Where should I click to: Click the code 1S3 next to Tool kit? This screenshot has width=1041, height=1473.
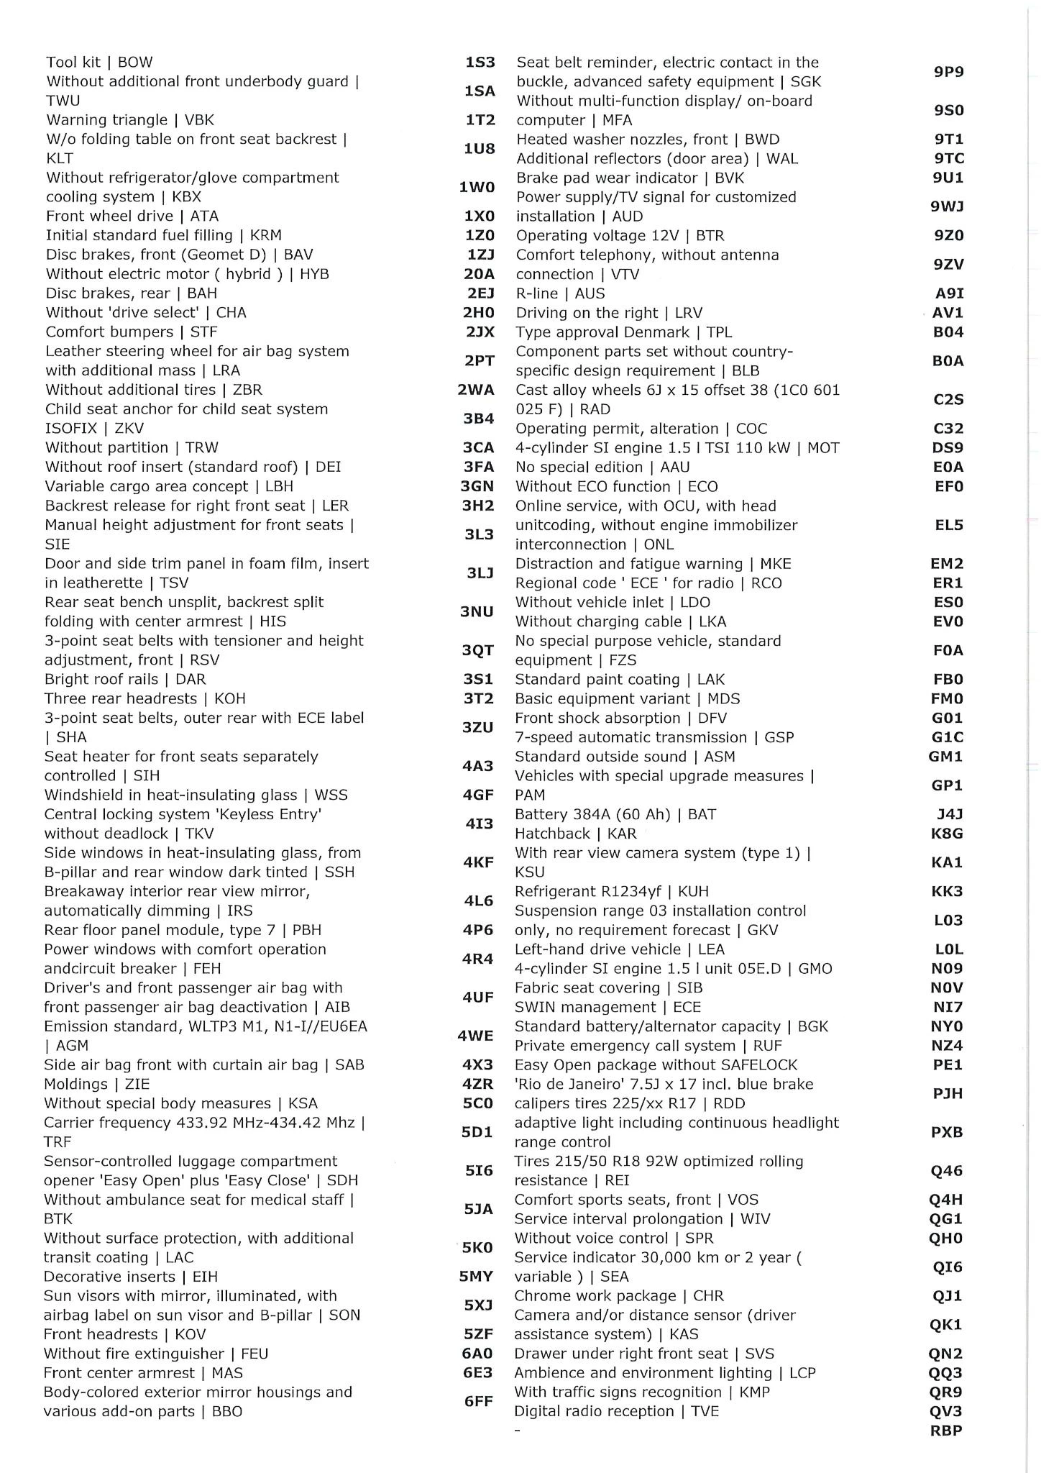(480, 63)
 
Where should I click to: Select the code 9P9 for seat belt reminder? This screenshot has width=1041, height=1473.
(948, 72)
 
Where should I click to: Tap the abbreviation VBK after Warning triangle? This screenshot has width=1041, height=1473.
(199, 120)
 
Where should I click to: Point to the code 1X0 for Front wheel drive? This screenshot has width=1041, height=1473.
(480, 216)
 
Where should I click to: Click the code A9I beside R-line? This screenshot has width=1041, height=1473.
(949, 293)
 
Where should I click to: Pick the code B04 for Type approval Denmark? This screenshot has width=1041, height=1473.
(948, 332)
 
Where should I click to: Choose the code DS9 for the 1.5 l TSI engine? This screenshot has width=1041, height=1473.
(948, 447)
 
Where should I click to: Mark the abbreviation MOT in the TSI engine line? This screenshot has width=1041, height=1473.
(823, 448)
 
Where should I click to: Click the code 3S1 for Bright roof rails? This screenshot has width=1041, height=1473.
(478, 679)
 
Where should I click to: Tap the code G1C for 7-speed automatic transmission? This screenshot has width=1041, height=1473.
(948, 737)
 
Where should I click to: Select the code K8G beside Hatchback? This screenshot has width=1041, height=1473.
(947, 834)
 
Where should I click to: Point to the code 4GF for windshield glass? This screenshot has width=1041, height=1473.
(478, 795)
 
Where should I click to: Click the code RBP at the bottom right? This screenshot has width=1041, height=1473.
(946, 1431)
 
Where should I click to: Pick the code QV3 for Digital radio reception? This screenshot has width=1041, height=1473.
(946, 1411)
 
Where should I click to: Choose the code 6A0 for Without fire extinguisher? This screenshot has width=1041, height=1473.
(477, 1353)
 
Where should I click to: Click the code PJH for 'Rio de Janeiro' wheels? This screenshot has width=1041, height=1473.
(947, 1093)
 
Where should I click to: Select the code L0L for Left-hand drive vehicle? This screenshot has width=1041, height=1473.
(948, 949)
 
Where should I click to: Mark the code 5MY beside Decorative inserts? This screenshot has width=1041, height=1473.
(476, 1277)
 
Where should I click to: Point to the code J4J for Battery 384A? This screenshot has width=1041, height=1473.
(949, 814)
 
